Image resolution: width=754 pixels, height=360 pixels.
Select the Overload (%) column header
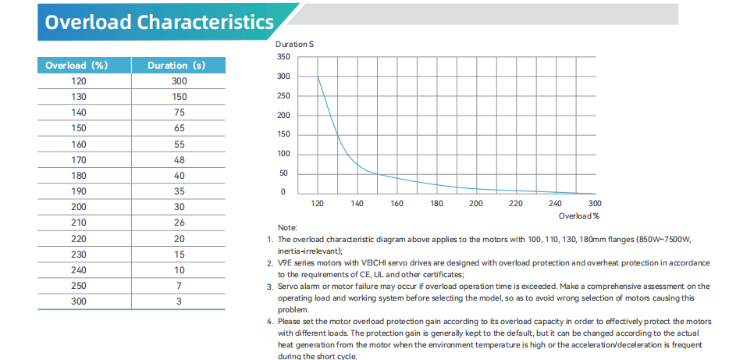(76, 66)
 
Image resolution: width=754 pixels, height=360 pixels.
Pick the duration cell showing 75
(179, 112)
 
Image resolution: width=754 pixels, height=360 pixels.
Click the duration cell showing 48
(179, 160)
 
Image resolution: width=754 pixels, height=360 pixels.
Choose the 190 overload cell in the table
(78, 191)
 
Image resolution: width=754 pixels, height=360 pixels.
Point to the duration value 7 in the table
(179, 285)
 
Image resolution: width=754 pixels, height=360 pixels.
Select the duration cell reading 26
(179, 223)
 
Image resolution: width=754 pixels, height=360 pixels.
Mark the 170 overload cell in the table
(78, 160)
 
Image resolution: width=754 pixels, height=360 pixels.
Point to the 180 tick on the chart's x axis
(436, 204)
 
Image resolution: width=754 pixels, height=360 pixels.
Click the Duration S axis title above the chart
(294, 45)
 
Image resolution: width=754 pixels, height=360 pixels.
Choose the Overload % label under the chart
(578, 215)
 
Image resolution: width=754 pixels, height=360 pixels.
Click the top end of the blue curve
(318, 77)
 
